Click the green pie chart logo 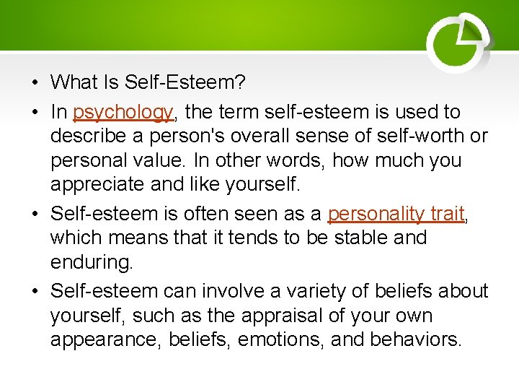[x=458, y=43]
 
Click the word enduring [x=92, y=261]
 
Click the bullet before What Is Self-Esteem [x=35, y=83]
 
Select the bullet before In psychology [x=35, y=113]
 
